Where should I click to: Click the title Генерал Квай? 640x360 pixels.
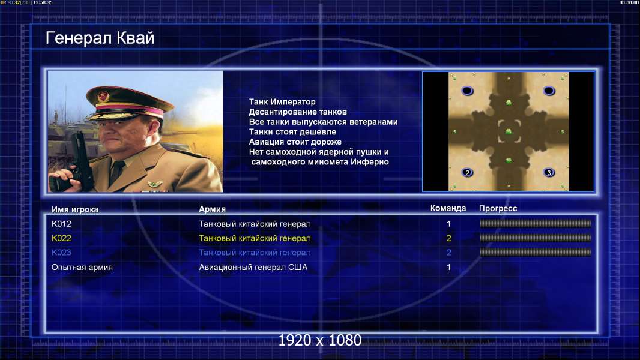tap(100, 38)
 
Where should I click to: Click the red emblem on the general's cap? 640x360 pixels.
tap(103, 97)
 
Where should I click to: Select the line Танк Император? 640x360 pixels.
tap(282, 102)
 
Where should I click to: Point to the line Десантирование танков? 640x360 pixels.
tap(298, 112)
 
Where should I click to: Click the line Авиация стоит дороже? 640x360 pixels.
tap(295, 142)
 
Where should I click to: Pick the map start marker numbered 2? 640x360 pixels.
tap(467, 172)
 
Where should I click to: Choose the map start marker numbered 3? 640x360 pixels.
tap(549, 172)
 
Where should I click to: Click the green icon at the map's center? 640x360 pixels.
tap(509, 131)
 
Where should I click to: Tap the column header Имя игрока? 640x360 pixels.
tap(74, 209)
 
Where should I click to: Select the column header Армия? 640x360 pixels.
tap(213, 209)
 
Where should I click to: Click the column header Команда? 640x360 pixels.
tap(448, 208)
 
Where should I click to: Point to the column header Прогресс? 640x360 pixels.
tap(498, 208)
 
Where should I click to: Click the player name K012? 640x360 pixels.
tap(61, 224)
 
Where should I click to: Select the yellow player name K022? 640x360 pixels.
tap(61, 238)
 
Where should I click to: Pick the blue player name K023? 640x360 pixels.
tap(61, 253)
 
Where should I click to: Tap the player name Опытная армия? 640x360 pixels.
tap(82, 268)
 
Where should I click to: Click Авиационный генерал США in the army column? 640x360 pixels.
tap(253, 267)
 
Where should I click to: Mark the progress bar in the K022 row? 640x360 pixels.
tap(536, 238)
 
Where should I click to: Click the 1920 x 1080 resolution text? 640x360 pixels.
tap(319, 340)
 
